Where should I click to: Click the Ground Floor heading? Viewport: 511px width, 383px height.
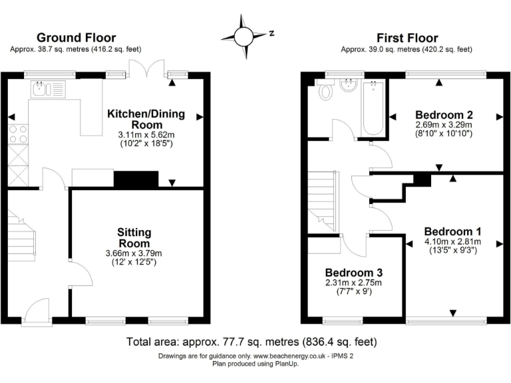click(77, 38)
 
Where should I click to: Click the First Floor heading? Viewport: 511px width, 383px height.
click(407, 38)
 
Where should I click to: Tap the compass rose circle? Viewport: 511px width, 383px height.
click(243, 37)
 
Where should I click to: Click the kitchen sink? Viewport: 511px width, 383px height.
click(48, 89)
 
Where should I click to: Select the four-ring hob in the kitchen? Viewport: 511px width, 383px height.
click(18, 134)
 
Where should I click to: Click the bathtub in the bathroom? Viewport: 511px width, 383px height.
click(373, 108)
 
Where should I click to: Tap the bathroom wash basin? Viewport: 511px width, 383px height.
click(349, 85)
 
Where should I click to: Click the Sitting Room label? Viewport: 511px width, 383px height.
click(134, 238)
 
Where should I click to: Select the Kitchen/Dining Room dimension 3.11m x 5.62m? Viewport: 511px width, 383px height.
click(146, 134)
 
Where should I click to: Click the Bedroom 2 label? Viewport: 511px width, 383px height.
click(444, 114)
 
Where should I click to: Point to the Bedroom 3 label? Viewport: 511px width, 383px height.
click(354, 272)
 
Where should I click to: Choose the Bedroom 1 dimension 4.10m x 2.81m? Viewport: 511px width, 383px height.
click(452, 241)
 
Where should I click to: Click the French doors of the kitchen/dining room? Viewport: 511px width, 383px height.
click(146, 68)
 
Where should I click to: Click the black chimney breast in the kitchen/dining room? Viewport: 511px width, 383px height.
click(136, 179)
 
